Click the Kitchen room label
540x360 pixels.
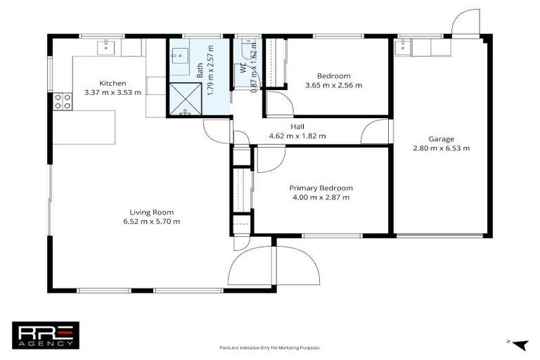tap(112, 82)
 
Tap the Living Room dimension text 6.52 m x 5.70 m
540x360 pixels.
tap(151, 221)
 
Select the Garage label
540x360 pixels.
tap(441, 139)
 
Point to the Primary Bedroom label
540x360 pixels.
tap(321, 188)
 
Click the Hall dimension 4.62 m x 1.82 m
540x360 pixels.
tap(297, 136)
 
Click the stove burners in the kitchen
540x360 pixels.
tap(61, 102)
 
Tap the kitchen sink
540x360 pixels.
tap(108, 46)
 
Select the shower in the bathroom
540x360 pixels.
tap(184, 100)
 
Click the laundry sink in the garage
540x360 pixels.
tap(404, 46)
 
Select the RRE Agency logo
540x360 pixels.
tap(46, 335)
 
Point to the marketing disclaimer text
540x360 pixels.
tap(270, 347)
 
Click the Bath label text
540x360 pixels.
tap(200, 70)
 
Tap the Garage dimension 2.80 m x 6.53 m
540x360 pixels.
tap(441, 148)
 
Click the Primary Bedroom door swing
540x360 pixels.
tap(266, 161)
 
